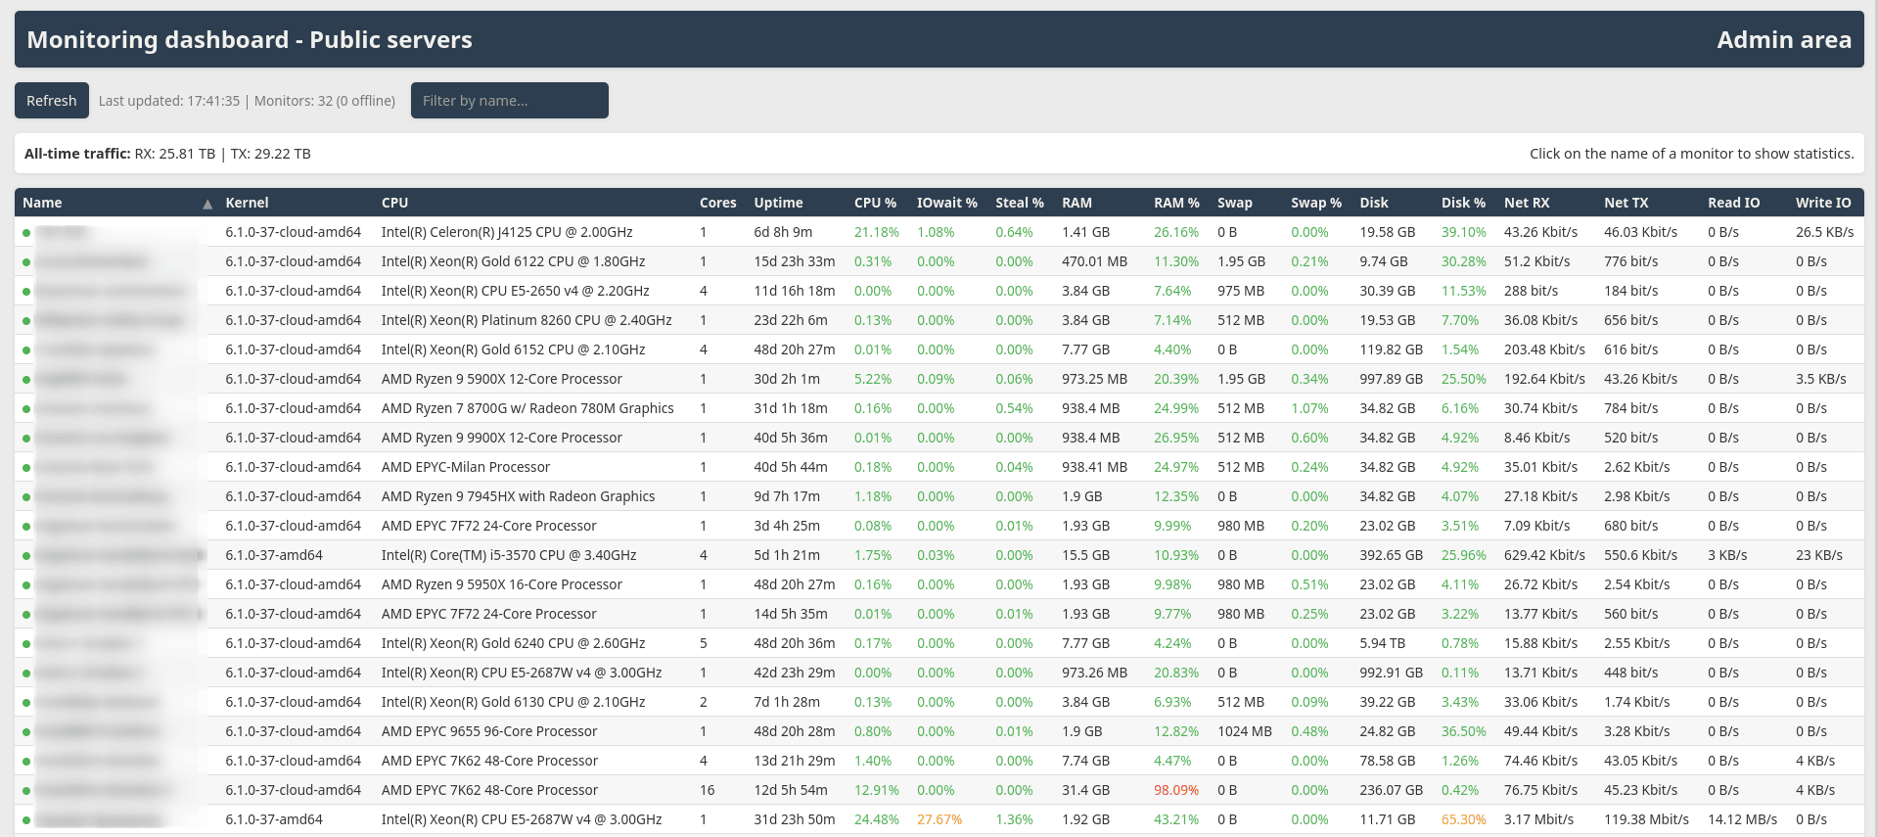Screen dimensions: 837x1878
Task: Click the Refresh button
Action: tap(51, 101)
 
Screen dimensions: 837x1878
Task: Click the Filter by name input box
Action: tap(509, 101)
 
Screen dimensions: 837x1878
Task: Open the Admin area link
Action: tap(1783, 40)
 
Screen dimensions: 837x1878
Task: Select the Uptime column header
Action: tap(778, 203)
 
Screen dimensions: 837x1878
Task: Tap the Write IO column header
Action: tap(1822, 203)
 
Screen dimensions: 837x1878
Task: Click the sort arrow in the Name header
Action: tap(207, 204)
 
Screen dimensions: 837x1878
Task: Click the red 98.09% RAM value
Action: tap(1175, 790)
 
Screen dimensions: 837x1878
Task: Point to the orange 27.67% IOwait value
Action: tap(939, 819)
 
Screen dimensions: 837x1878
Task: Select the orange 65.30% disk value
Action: tap(1463, 819)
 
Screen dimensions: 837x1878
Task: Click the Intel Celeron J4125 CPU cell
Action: tap(507, 232)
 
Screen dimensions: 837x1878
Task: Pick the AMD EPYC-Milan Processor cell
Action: tap(466, 467)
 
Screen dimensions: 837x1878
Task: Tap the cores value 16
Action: tap(707, 790)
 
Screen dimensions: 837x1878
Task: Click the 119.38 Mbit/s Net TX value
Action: tap(1646, 819)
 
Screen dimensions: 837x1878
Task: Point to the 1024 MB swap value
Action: tap(1244, 731)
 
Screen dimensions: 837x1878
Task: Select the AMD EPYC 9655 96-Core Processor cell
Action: tap(489, 731)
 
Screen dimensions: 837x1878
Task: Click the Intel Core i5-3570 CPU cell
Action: tap(509, 555)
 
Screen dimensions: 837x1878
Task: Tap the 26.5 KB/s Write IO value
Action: tap(1824, 232)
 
